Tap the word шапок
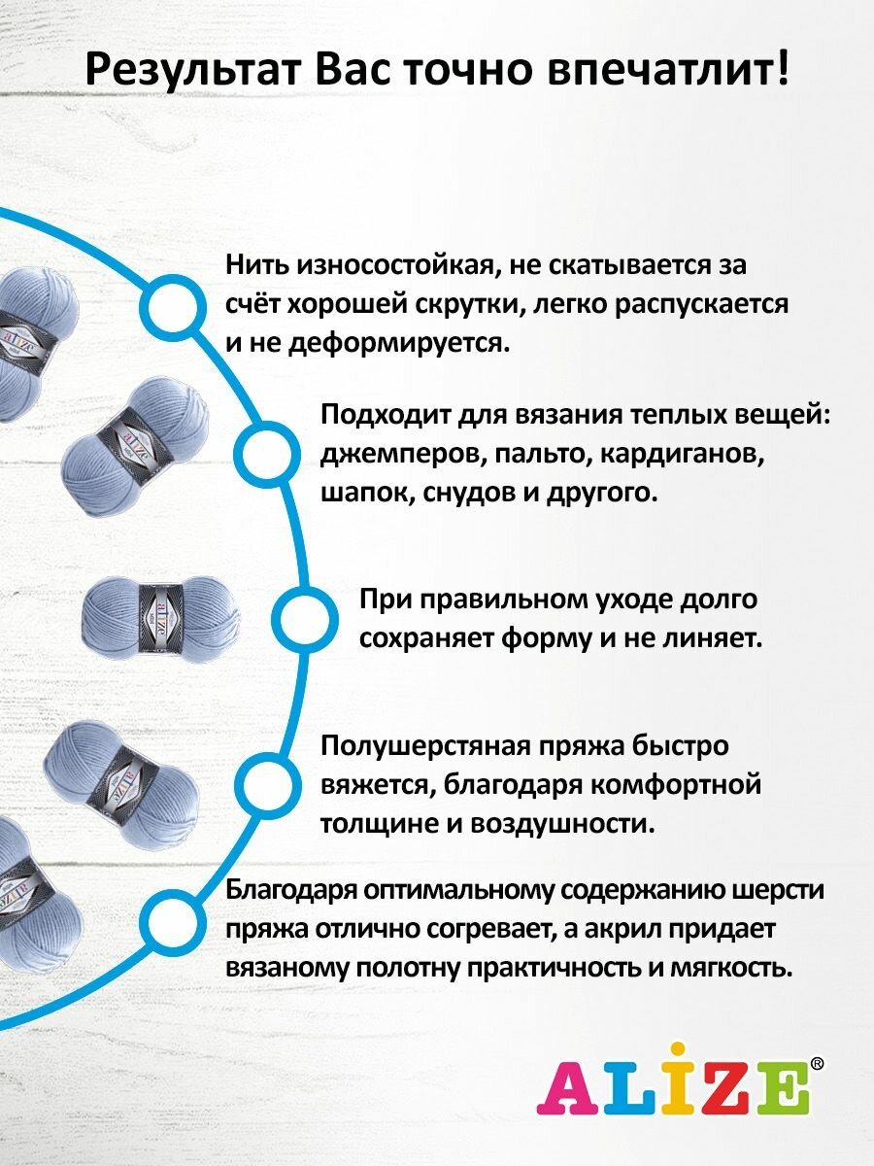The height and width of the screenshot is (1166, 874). pos(354,493)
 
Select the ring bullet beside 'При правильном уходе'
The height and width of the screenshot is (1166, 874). pos(303,618)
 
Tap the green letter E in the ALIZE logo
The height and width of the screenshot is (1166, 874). pos(784,1087)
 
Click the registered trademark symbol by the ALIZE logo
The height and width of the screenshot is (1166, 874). pos(817,1064)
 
